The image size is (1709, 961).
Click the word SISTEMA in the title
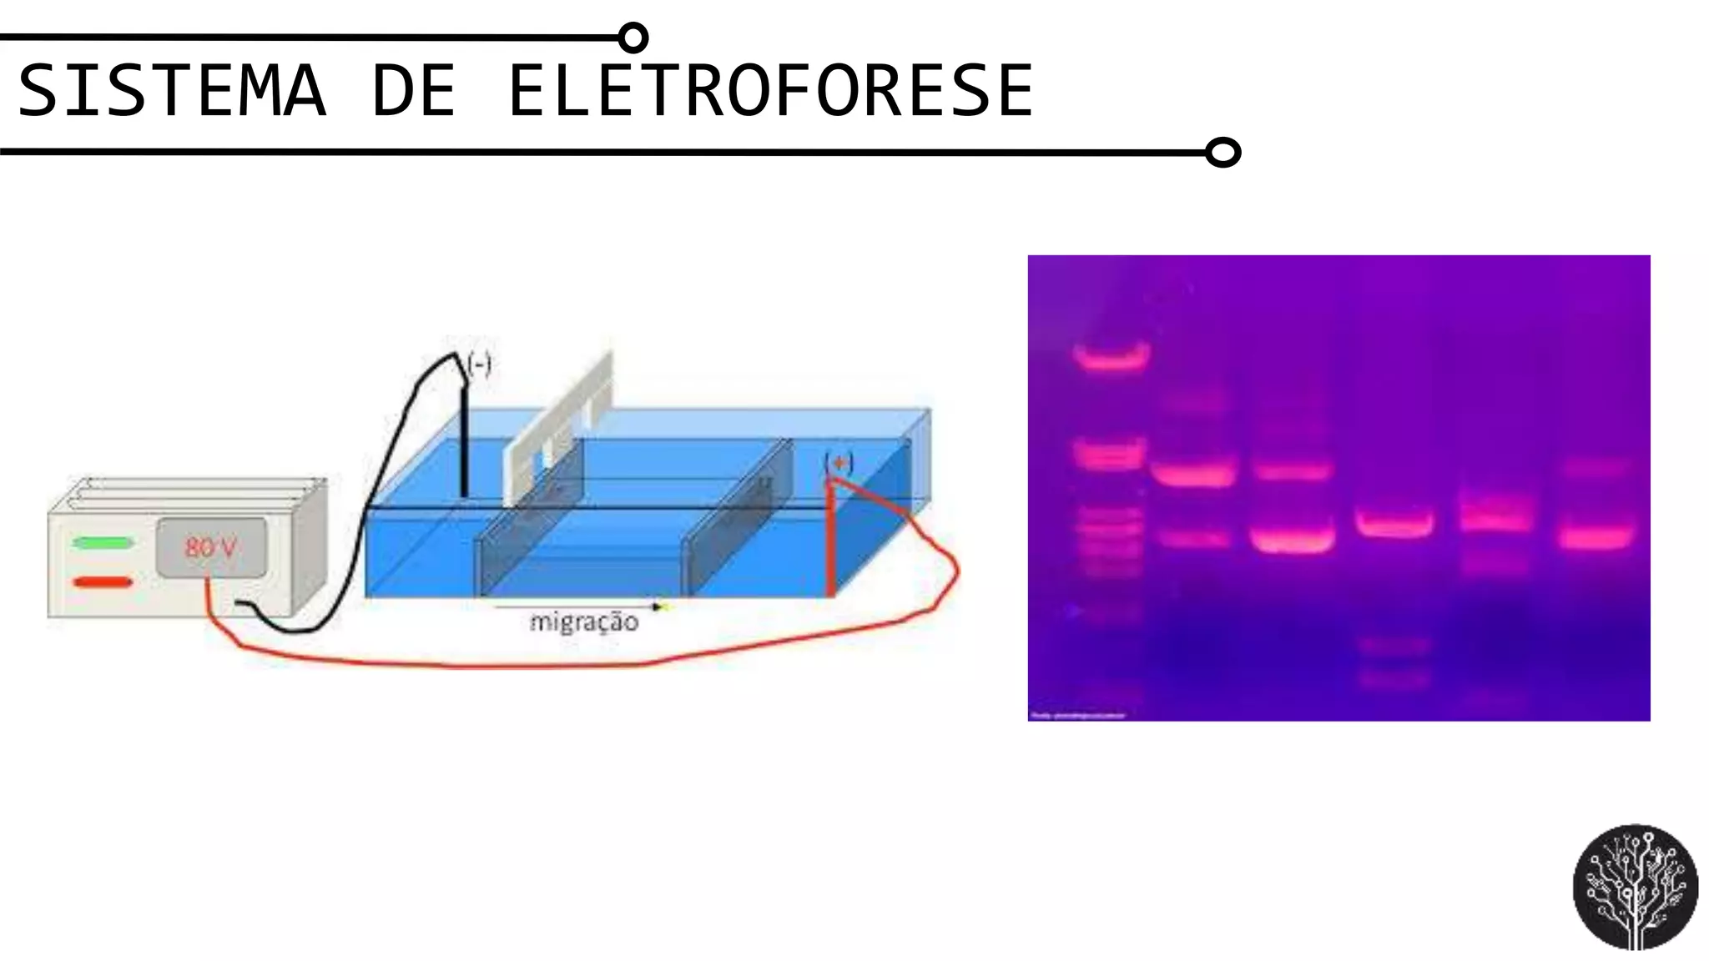(x=171, y=90)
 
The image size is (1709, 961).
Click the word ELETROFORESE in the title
(x=769, y=90)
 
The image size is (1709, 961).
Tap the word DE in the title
(x=414, y=90)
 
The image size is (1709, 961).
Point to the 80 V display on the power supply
(x=211, y=547)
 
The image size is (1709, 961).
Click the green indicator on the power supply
(x=103, y=543)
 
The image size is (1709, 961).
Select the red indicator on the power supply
(x=103, y=582)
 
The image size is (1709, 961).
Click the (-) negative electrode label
(x=479, y=365)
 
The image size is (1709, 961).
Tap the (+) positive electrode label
(x=839, y=463)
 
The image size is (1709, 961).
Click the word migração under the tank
(x=584, y=622)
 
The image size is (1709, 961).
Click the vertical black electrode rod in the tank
(x=464, y=442)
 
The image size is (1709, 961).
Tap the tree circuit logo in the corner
(x=1635, y=887)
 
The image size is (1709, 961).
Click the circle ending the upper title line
(x=634, y=38)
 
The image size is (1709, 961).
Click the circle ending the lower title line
(x=1223, y=153)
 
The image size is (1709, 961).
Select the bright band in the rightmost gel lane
(x=1596, y=536)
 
